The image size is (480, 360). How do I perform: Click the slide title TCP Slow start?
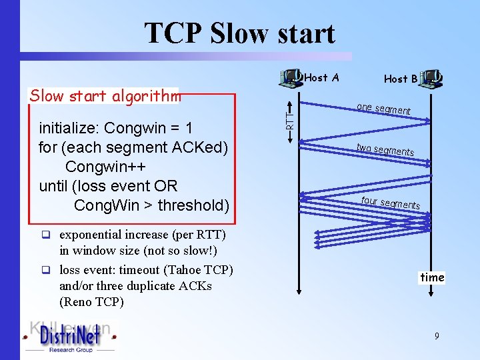[x=239, y=33]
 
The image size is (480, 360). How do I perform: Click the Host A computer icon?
[x=291, y=79]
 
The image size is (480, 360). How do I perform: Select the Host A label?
[x=321, y=78]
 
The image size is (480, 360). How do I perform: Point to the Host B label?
[x=401, y=79]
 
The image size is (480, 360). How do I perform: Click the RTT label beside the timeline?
[x=289, y=120]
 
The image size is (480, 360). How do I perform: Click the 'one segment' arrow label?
[x=383, y=109]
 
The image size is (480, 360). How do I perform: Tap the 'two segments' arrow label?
[x=385, y=150]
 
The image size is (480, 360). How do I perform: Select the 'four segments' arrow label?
[x=390, y=202]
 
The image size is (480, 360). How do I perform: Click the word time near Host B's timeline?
[x=432, y=277]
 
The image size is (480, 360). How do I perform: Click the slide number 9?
[x=437, y=337]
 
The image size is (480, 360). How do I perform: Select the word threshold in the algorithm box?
[x=193, y=205]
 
